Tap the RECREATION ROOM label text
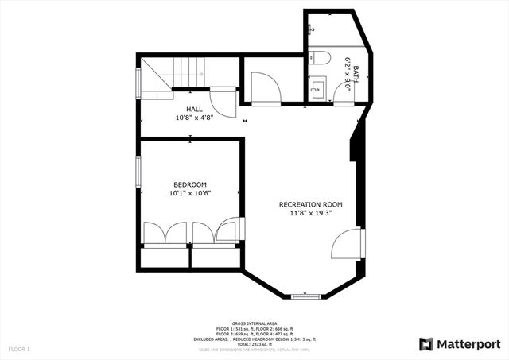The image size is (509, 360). click(x=310, y=204)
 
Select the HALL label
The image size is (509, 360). click(x=194, y=109)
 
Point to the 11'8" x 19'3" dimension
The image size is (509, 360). click(x=310, y=214)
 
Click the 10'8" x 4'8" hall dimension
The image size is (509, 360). click(x=194, y=118)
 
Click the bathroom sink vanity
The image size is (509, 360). click(x=320, y=87)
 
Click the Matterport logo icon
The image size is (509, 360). click(x=425, y=343)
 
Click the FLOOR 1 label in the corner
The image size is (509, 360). click(x=19, y=349)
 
